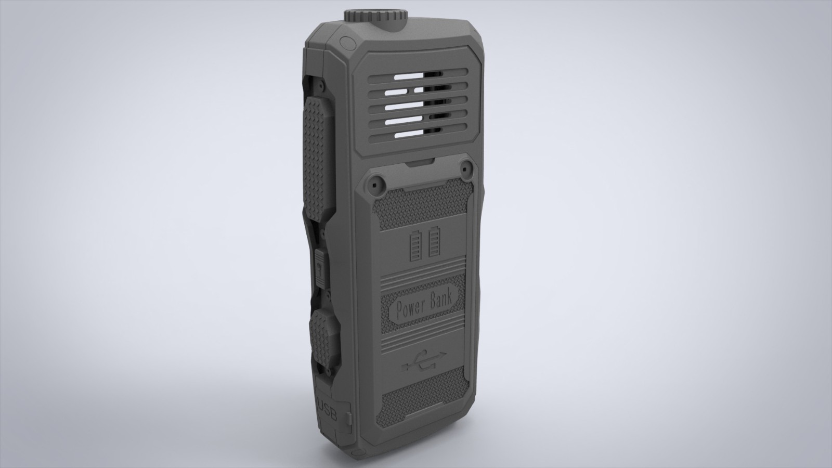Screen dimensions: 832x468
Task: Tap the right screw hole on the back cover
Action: tap(466, 169)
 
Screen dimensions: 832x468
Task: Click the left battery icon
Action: tap(415, 245)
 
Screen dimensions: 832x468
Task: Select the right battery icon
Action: tap(434, 242)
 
